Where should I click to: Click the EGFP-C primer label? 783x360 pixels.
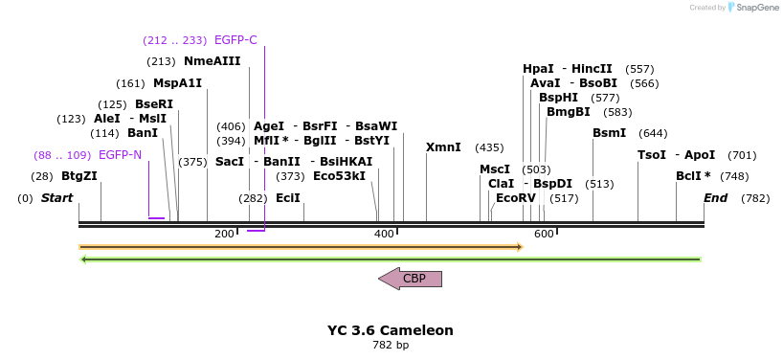coord(235,40)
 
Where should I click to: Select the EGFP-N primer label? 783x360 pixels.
coord(120,155)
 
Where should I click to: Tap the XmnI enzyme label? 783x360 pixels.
coord(443,147)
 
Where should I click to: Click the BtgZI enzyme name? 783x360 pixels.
coord(79,176)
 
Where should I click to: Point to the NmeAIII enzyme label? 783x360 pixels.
coord(213,61)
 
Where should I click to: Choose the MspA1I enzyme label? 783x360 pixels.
coord(178,83)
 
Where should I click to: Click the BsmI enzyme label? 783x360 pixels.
coord(610,133)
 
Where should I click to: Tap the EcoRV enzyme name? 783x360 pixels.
coord(516,198)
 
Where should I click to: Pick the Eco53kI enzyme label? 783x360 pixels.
coord(340,176)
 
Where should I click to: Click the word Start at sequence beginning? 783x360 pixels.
coord(56,198)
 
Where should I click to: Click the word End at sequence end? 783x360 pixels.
coord(716,198)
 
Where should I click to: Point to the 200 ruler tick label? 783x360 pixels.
coord(225,235)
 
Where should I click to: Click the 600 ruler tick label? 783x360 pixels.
coord(545,235)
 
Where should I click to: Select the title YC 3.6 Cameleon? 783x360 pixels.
coord(391,330)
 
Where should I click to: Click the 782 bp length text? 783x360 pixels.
coord(391,345)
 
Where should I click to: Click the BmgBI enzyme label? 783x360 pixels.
coord(570,112)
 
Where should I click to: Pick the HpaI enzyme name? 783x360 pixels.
coord(538,69)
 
